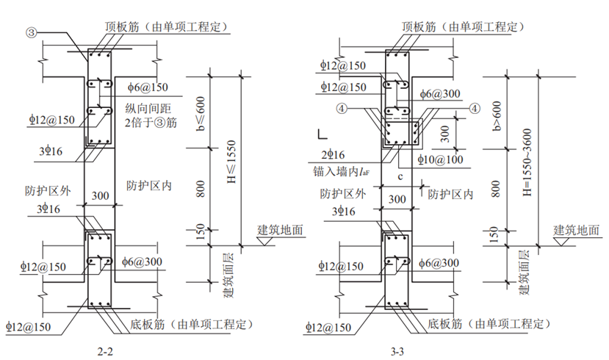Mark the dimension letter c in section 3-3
(400, 177)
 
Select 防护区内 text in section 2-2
(149, 185)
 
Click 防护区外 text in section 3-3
(342, 195)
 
